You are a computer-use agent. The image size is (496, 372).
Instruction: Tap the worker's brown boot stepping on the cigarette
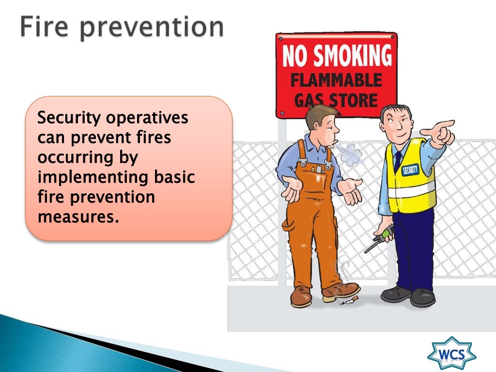click(341, 291)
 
